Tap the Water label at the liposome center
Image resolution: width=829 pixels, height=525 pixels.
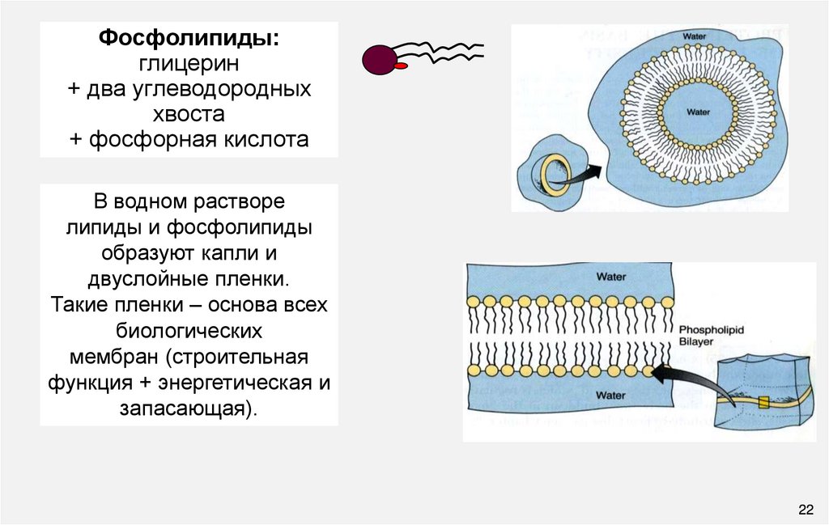click(x=698, y=112)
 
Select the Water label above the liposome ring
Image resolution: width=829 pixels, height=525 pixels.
click(x=695, y=36)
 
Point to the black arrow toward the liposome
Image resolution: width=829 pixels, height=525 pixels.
click(x=585, y=174)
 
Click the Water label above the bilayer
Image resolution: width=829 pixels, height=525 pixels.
click(x=611, y=277)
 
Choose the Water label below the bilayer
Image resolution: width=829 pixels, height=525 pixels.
click(x=611, y=395)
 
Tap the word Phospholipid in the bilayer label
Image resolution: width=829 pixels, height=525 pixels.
click(x=711, y=330)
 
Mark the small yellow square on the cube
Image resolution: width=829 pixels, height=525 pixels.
click(x=763, y=403)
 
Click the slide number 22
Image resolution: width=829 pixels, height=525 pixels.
click(x=805, y=509)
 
